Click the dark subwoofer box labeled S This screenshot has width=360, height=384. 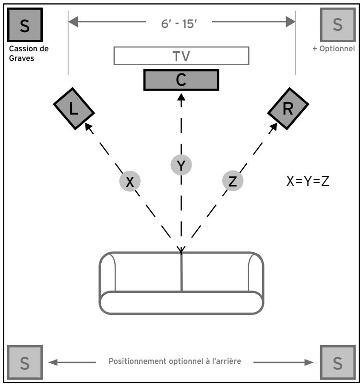25,25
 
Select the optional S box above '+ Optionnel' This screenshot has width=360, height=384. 338,25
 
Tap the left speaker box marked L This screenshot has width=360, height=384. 74,108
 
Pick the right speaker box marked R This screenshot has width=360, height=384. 288,108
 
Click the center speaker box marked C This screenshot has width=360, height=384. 181,80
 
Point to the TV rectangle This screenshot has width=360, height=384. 181,56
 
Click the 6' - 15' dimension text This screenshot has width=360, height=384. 179,24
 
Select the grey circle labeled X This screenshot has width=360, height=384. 130,181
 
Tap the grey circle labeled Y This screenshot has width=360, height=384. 181,165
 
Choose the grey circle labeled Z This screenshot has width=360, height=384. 233,181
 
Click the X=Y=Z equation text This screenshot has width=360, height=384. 308,181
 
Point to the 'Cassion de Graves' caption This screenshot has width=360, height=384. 29,53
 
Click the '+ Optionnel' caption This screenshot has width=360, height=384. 334,49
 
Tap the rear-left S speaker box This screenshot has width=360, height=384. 25,362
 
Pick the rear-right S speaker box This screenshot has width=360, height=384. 338,362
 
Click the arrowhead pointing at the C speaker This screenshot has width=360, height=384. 181,97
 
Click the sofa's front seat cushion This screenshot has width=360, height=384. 181,303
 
